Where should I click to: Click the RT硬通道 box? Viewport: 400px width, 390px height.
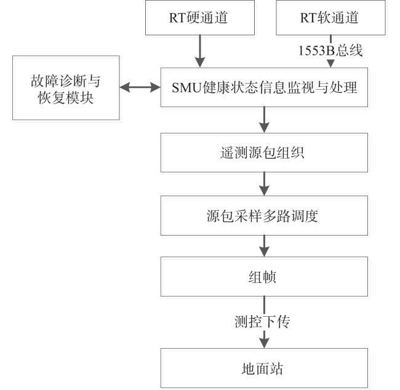point(200,17)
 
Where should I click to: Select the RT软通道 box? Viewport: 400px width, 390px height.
point(330,17)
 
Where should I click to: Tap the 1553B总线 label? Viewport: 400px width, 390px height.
point(330,50)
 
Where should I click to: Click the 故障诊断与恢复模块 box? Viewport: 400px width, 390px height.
point(66,88)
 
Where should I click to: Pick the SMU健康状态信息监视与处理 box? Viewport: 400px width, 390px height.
point(264,87)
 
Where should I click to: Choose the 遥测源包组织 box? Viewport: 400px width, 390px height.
point(264,153)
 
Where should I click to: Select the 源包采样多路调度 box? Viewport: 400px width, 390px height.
point(264,215)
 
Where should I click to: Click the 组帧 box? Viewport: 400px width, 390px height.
point(264,276)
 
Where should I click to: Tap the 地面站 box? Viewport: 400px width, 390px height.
point(264,368)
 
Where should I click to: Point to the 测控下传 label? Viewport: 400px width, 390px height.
point(262,321)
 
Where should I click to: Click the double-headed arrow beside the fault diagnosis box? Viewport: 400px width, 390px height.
point(140,87)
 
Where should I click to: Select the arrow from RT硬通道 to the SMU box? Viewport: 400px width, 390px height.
point(200,52)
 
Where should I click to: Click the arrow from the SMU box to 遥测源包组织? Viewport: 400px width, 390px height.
point(264,120)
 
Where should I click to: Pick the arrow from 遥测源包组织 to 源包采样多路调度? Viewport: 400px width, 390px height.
point(264,184)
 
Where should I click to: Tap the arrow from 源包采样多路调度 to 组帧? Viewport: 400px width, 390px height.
point(264,246)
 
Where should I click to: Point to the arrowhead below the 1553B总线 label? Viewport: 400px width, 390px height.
point(330,64)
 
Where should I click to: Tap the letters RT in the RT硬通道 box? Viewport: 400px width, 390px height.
point(178,18)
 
